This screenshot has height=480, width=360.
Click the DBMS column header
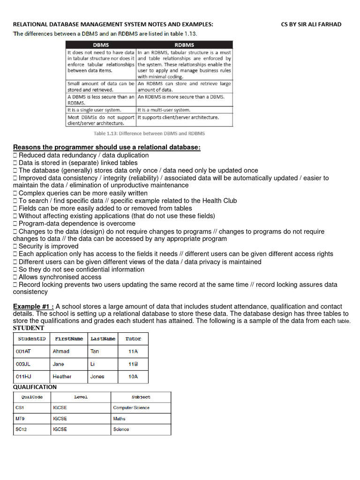[x=100, y=45]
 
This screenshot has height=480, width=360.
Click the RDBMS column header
[x=184, y=45]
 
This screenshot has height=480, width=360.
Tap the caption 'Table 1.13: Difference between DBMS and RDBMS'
[x=149, y=133]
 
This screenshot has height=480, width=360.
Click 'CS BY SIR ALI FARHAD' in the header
[x=311, y=24]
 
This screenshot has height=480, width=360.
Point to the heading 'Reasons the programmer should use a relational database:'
[x=107, y=148]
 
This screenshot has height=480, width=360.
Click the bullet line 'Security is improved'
[x=48, y=246]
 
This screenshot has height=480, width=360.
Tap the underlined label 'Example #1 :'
[x=33, y=307]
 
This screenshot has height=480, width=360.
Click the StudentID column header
[x=31, y=338]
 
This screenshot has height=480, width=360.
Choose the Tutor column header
[x=133, y=338]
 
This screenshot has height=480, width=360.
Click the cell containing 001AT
[x=23, y=351]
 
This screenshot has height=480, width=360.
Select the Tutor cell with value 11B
[x=133, y=364]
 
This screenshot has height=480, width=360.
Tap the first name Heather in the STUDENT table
[x=62, y=376]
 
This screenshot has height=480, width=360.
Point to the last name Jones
[x=97, y=376]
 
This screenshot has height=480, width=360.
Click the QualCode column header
[x=32, y=397]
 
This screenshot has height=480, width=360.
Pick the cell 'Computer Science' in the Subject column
[x=131, y=408]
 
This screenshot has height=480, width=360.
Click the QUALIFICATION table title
[x=35, y=387]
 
